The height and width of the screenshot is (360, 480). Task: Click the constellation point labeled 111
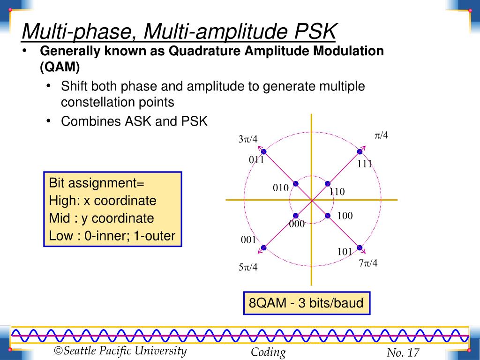coord(360,151)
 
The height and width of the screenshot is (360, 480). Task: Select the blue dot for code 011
coord(263,151)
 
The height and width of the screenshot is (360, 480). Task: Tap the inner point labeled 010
coord(295,184)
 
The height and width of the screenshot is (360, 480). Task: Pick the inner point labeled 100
coord(328,216)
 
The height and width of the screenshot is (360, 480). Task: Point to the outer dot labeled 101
coord(360,247)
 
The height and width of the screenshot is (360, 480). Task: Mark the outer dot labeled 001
coord(263,247)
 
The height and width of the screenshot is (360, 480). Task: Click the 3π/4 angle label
coord(248,139)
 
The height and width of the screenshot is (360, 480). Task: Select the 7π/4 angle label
coord(368,263)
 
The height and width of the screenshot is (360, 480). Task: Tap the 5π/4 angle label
coord(248,268)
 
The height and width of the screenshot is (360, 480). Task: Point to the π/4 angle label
coord(381,135)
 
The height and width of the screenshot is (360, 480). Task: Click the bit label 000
coord(297,224)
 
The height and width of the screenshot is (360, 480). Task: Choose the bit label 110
coord(337,192)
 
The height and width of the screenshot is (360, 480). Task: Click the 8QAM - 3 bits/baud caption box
coord(306,303)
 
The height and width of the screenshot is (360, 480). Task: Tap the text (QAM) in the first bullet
coord(60,67)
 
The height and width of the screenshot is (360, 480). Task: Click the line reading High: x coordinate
coord(103,201)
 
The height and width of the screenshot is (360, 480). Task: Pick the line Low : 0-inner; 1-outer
coord(112,236)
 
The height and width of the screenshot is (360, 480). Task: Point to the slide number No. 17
coord(403,353)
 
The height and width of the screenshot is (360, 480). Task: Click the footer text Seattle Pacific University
coord(125,351)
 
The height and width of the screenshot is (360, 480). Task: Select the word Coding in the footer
coord(268,352)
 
